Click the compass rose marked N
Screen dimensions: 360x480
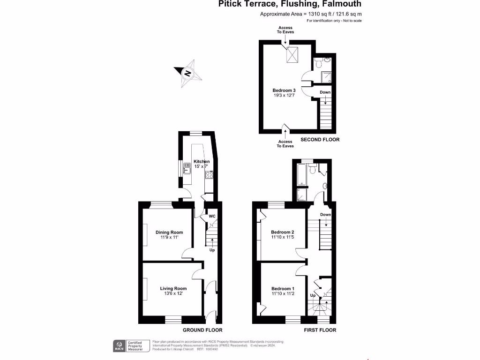(x=187, y=73)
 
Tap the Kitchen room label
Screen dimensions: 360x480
(x=202, y=161)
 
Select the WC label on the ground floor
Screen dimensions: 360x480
(x=212, y=217)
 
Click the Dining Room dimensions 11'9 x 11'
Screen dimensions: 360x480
(x=170, y=237)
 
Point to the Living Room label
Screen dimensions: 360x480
(x=173, y=288)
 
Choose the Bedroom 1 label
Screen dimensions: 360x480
(x=283, y=288)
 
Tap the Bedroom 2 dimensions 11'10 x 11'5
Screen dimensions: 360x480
(x=283, y=237)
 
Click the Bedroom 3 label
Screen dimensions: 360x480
(x=284, y=90)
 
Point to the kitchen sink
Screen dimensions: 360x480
(x=186, y=167)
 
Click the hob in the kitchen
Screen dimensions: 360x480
(x=209, y=175)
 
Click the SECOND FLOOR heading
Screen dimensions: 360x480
(x=320, y=140)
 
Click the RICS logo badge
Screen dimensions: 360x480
(x=119, y=345)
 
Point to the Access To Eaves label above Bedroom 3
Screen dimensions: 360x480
(x=285, y=30)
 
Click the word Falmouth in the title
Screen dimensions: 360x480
(x=340, y=4)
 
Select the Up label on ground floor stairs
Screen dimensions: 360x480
(x=212, y=250)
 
